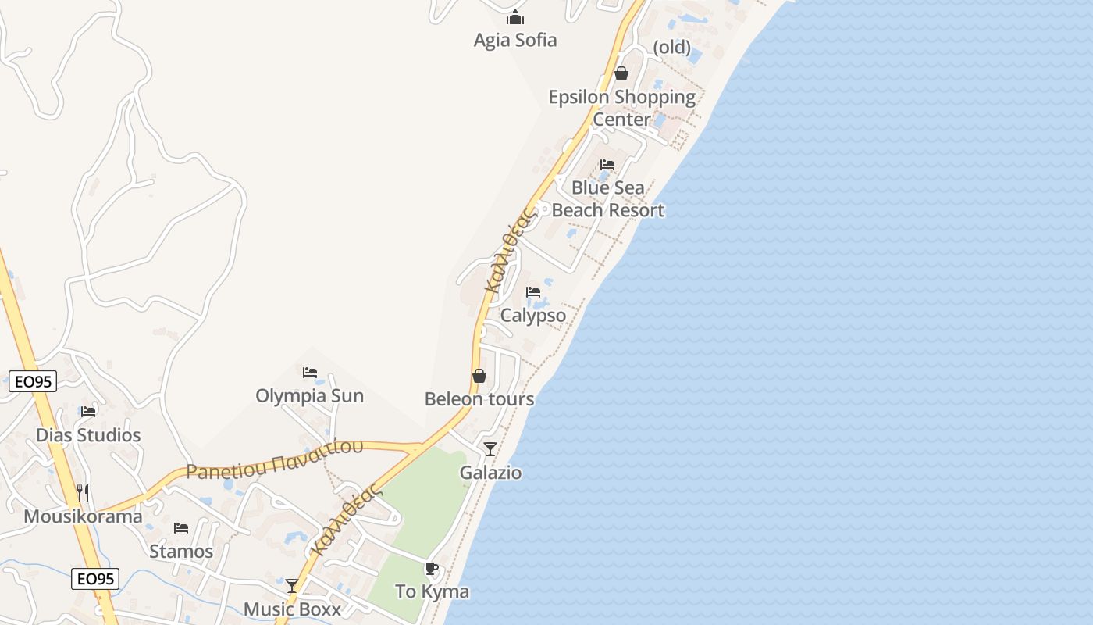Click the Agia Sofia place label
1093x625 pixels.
(515, 40)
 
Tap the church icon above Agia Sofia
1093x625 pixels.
(515, 17)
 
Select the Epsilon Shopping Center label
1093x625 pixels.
(621, 108)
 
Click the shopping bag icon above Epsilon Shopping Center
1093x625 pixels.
(621, 73)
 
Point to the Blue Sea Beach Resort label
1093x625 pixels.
(608, 198)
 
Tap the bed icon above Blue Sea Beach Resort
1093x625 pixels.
(607, 165)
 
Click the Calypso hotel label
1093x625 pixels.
(533, 316)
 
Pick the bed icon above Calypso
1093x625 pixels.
(533, 292)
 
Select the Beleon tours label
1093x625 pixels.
(479, 399)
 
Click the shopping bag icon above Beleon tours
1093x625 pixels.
(479, 377)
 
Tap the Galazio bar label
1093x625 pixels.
(490, 473)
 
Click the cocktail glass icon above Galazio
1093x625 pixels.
(490, 449)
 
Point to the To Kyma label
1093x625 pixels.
(433, 591)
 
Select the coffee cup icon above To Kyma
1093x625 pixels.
(431, 569)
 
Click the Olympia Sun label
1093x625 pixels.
(310, 395)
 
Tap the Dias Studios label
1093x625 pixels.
(88, 435)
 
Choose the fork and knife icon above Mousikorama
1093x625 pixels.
(83, 493)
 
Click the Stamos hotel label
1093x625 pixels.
(181, 552)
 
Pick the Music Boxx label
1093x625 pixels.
(292, 609)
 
